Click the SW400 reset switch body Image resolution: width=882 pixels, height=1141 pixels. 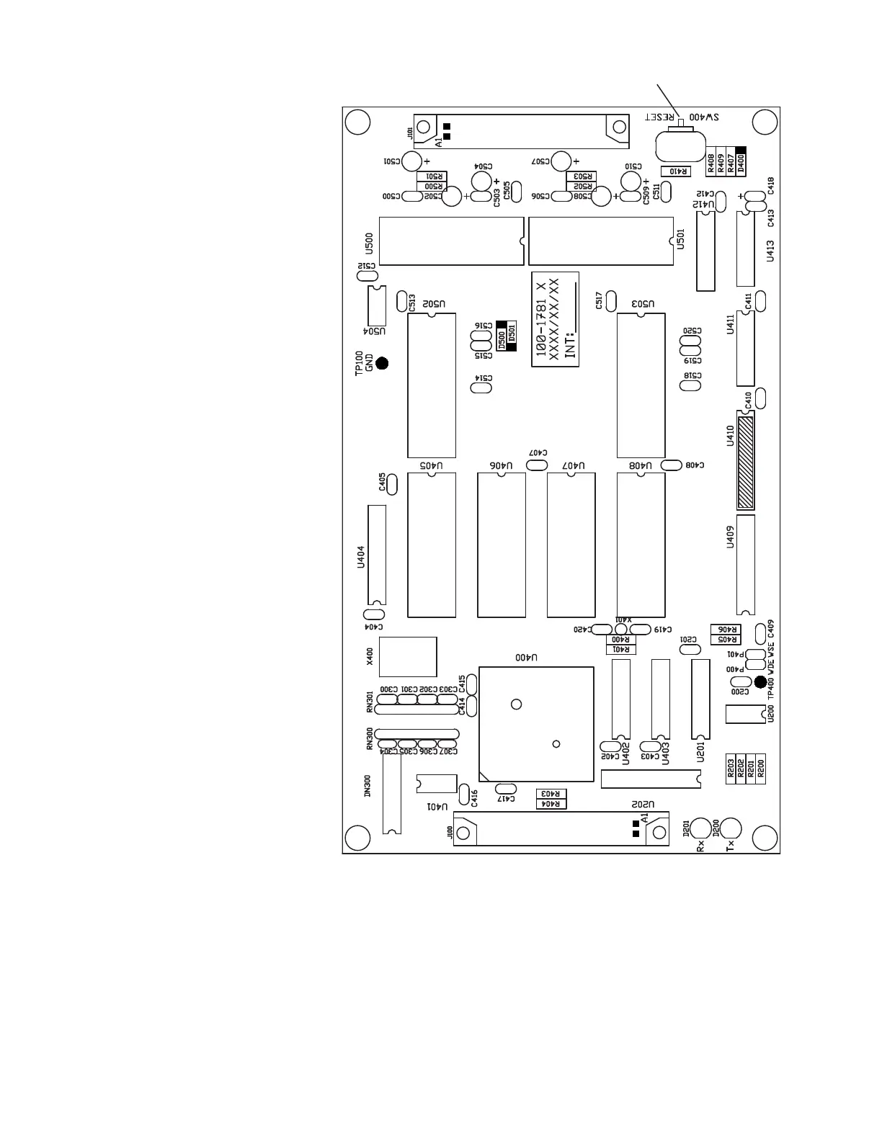tap(680, 148)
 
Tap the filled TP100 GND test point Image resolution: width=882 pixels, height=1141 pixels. tap(382, 363)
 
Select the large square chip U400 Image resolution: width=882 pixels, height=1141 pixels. tap(536, 724)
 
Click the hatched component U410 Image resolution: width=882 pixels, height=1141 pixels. tap(745, 461)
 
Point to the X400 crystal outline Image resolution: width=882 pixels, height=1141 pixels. tap(407, 656)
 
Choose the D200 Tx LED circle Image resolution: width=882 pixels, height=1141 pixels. tap(730, 829)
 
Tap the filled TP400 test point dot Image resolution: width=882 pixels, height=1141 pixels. tap(759, 681)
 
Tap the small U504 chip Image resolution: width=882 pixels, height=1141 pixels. tap(376, 305)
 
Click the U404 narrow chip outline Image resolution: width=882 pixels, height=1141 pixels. tap(376, 555)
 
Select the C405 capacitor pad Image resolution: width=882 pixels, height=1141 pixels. tap(392, 484)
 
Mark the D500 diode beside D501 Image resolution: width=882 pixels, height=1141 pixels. tap(502, 336)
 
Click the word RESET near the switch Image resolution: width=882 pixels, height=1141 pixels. tap(660, 117)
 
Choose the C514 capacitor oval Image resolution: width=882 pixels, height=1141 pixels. tap(481, 388)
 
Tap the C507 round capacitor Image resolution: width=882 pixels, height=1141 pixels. tap(561, 161)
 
